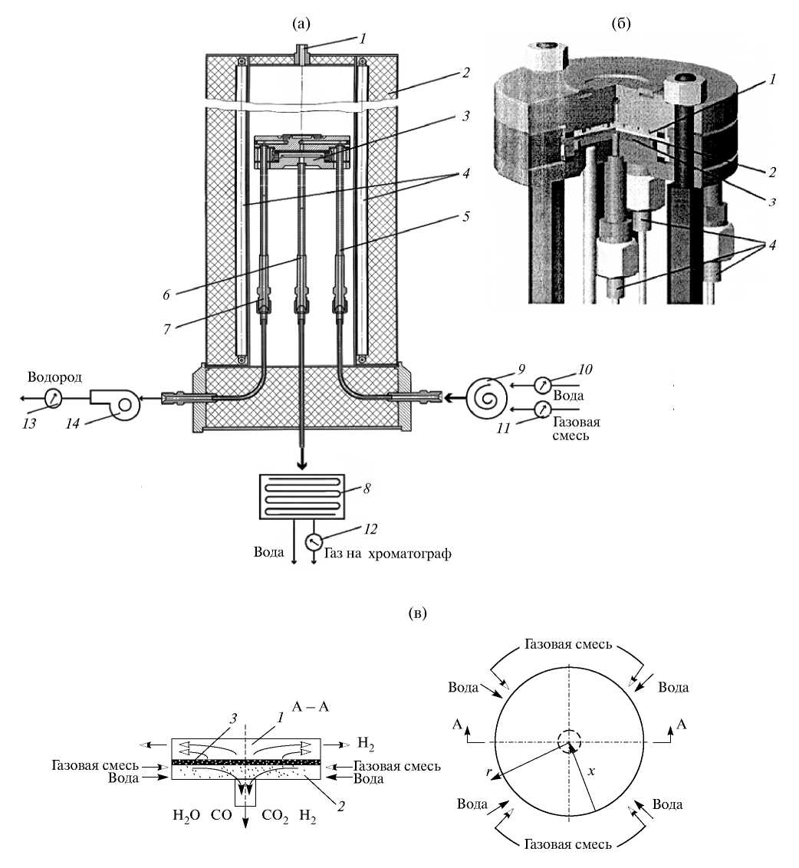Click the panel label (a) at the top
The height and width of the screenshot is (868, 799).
(x=301, y=24)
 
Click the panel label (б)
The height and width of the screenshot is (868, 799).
(x=621, y=24)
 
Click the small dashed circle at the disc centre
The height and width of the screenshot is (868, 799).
(x=569, y=741)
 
